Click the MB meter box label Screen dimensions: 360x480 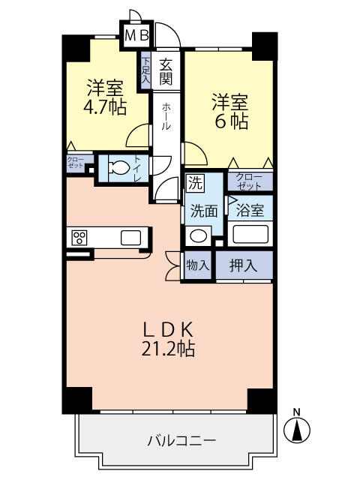tap(137, 36)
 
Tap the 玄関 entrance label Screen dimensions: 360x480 tap(166, 72)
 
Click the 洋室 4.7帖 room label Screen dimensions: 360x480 tap(105, 97)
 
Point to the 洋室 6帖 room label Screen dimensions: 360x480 tap(230, 112)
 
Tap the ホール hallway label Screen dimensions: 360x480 tap(166, 117)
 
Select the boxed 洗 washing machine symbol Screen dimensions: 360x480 tap(195, 183)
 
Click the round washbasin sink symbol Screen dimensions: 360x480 tap(198, 235)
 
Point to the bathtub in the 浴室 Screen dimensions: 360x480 tap(250, 235)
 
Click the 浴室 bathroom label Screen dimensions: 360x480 tap(250, 211)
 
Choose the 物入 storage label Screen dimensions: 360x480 tap(198, 265)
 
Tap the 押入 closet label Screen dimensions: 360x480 tap(243, 265)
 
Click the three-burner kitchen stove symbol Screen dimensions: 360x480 tap(79, 238)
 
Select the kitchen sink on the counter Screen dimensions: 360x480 tap(131, 238)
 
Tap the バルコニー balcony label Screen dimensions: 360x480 tap(181, 441)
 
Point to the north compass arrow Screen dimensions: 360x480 tap(297, 429)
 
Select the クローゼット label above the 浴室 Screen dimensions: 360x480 tap(249, 181)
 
